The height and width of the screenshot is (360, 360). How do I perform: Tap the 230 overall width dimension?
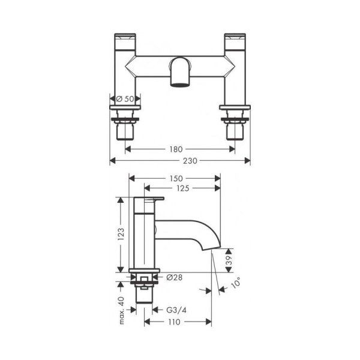coord(181,161)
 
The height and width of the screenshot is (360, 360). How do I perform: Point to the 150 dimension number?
coord(175,178)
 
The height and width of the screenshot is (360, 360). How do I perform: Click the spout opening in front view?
coord(181,84)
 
